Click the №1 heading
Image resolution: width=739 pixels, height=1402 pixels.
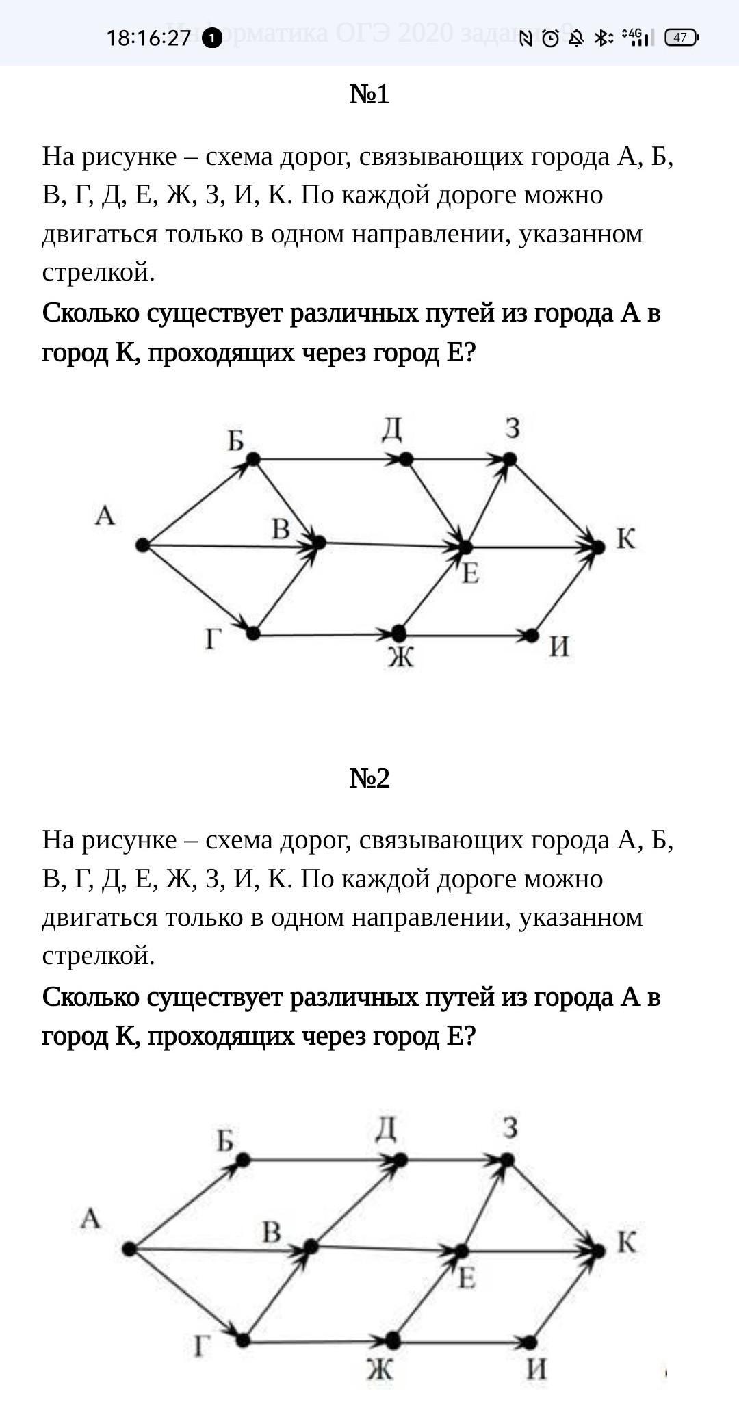point(369,94)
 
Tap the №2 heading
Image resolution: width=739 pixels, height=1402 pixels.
point(369,778)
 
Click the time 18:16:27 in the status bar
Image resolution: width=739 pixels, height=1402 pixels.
point(148,38)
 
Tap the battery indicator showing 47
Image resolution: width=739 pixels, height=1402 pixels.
point(681,38)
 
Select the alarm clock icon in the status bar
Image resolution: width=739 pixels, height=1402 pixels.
point(550,38)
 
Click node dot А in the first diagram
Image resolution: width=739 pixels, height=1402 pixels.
point(142,545)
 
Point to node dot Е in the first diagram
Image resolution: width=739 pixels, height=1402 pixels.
point(465,547)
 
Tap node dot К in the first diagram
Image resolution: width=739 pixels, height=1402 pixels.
point(599,547)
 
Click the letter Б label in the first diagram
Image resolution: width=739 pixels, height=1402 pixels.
point(235,441)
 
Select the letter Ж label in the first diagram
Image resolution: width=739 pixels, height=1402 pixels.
point(401,658)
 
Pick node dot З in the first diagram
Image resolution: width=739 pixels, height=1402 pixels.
point(509,459)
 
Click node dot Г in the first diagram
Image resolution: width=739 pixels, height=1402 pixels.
point(252,634)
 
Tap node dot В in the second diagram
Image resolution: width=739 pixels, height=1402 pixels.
point(311,1247)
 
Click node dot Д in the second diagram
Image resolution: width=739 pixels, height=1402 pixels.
point(401,1160)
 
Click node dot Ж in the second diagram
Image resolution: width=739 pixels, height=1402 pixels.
point(393,1340)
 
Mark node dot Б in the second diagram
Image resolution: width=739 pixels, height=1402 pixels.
point(242,1160)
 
